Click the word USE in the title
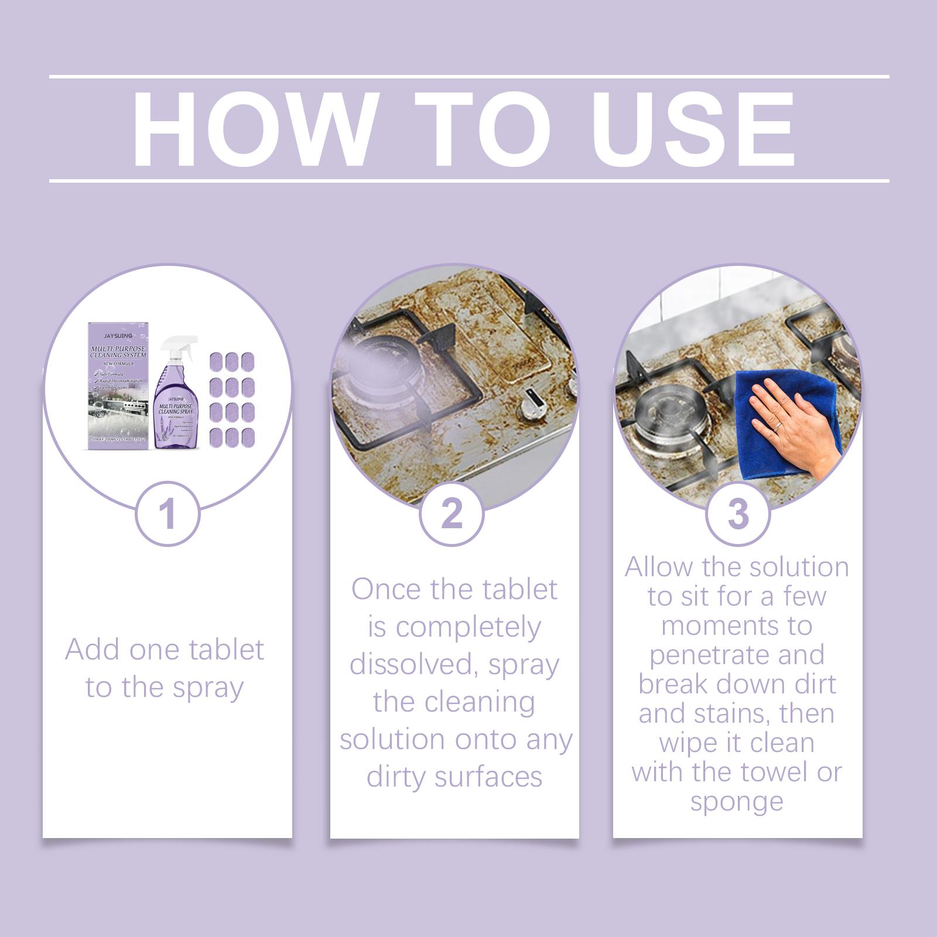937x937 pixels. coord(695,129)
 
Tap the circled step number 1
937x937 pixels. coord(167,514)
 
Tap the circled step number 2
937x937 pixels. coord(452,514)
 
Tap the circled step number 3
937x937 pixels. coord(738,514)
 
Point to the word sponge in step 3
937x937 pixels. coord(737,801)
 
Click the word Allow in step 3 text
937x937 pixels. coord(659,567)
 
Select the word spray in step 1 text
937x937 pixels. coord(207,688)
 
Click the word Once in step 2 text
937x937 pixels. coord(387,589)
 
